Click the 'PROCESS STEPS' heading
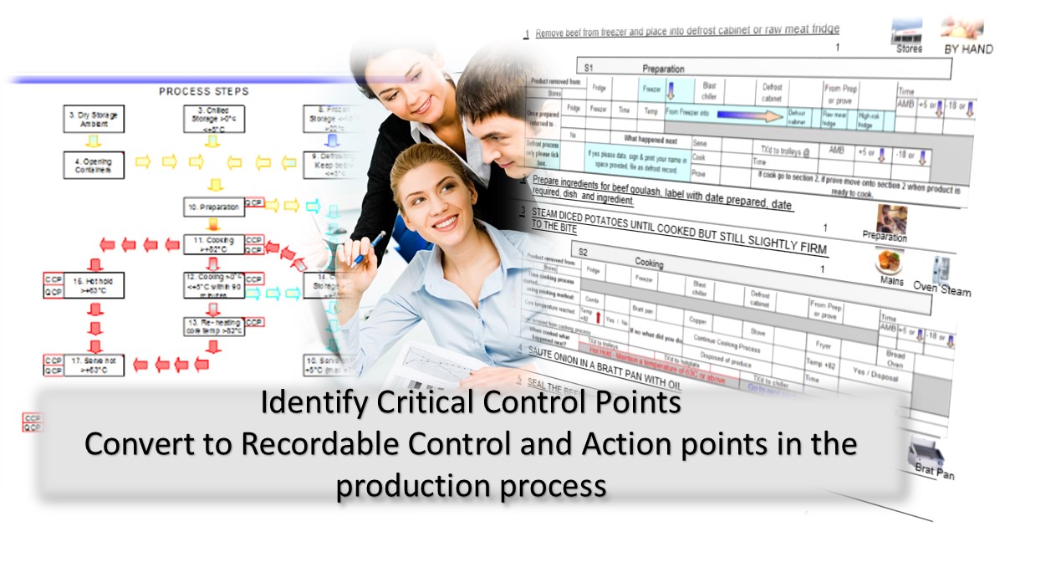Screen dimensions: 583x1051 click(203, 91)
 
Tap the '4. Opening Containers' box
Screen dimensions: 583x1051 click(94, 164)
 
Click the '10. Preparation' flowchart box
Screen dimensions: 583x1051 click(213, 207)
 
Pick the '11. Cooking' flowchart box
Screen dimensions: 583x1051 click(213, 244)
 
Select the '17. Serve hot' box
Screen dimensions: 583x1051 click(94, 365)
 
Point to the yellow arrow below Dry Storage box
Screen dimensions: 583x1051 click(94, 141)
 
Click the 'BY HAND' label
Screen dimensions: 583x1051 click(968, 49)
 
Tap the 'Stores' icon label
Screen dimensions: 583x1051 click(908, 49)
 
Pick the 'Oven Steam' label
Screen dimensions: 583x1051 click(942, 290)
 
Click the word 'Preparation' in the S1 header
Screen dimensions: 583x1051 click(663, 69)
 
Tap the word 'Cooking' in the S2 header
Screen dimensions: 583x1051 click(649, 263)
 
